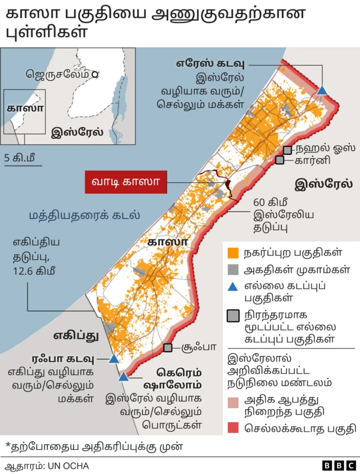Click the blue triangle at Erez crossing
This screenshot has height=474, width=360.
[x=322, y=90]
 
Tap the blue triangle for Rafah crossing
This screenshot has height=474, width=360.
[x=114, y=359]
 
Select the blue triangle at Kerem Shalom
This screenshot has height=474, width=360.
[x=123, y=375]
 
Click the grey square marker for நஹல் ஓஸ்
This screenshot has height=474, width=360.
[x=287, y=150]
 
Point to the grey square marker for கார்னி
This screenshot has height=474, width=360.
[x=280, y=160]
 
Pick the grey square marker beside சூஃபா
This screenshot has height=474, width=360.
[x=168, y=348]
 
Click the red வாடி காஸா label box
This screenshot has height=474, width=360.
[x=125, y=182]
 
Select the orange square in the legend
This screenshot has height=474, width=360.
[x=233, y=252]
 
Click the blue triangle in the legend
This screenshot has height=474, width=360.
[x=233, y=287]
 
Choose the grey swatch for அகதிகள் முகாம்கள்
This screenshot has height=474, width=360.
[x=233, y=269]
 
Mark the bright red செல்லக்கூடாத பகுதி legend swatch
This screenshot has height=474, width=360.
[x=233, y=428]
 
